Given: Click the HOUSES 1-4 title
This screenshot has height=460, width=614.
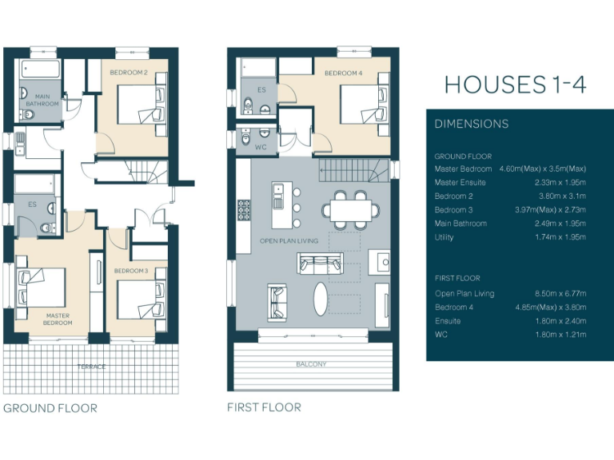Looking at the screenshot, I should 515,85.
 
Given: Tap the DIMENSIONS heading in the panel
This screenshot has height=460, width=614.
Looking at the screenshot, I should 471,124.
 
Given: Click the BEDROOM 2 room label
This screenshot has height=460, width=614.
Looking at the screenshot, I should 128,73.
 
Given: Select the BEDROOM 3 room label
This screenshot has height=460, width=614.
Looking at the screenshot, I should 130,272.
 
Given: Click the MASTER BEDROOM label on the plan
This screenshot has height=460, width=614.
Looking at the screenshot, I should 58,319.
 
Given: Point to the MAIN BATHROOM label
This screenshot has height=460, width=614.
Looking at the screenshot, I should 42,101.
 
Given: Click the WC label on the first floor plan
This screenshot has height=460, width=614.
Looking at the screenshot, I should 261,147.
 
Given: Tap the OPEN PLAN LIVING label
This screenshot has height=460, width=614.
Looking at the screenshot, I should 289,240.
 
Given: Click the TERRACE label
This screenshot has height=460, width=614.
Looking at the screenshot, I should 90,366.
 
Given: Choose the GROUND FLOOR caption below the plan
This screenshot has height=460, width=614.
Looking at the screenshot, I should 50,408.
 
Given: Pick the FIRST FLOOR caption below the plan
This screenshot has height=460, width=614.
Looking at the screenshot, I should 265,407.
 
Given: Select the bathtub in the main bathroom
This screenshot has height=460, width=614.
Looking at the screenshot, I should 38,69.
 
